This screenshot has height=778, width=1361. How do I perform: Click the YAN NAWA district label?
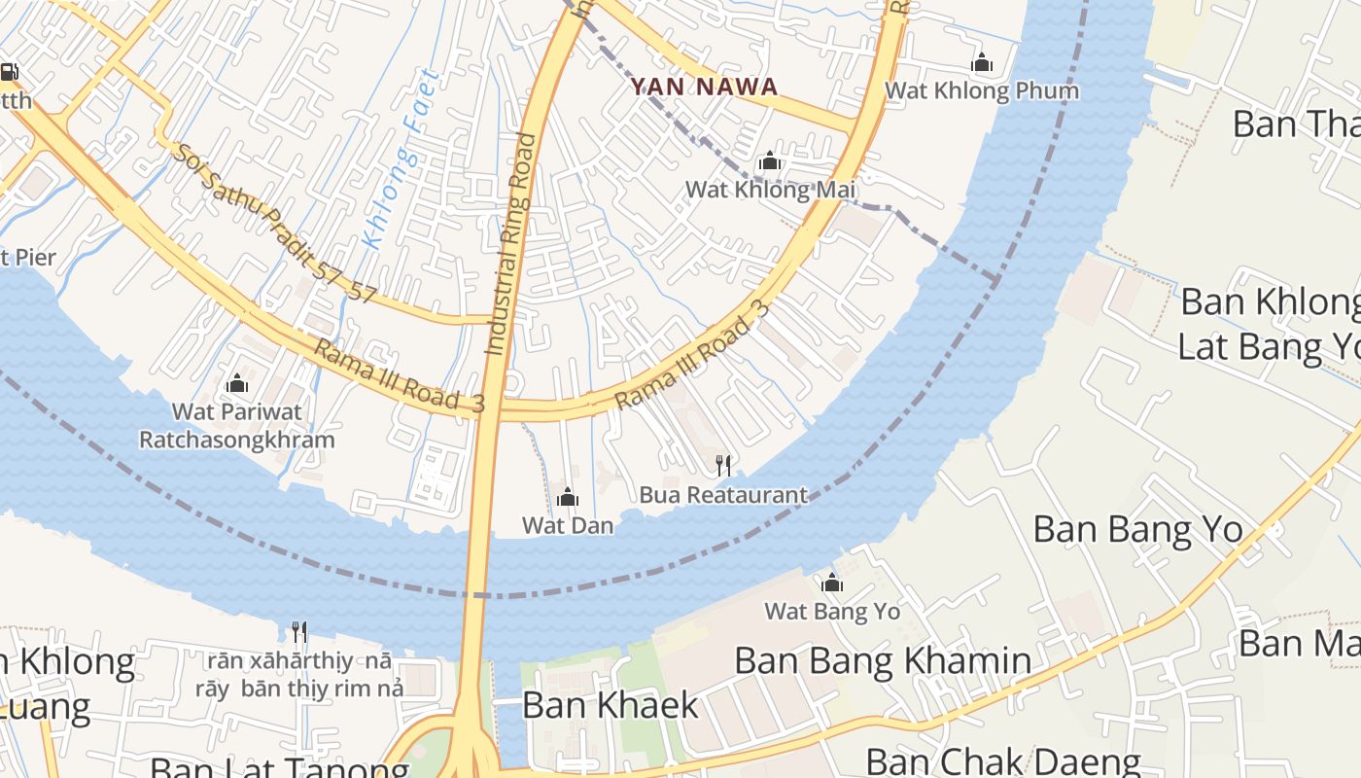704,87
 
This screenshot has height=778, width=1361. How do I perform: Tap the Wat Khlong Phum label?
981,90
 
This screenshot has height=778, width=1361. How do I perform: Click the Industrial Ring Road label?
510,243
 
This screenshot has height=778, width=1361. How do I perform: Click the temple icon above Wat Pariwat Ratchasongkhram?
236,383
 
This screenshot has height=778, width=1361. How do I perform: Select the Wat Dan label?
568,525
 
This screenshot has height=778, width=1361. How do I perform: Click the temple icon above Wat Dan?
568,499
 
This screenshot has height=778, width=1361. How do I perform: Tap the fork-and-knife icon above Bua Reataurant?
723,466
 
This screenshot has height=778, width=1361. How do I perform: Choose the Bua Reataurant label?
723,495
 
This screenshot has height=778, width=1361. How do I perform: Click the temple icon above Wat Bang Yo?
832,583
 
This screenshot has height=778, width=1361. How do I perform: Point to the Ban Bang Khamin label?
883,661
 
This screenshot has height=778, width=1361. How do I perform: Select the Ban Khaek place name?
610,705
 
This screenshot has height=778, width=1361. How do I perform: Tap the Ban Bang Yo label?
1137,530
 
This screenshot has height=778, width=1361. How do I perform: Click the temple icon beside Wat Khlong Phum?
982,63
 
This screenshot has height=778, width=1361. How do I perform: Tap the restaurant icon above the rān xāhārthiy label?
299,633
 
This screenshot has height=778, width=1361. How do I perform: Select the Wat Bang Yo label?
832,612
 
